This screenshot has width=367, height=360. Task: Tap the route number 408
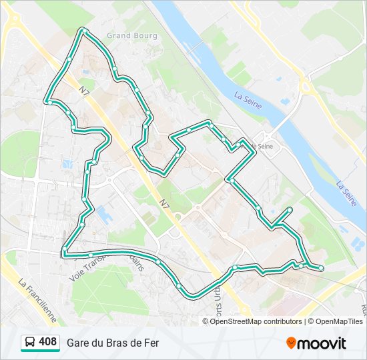coord(47,342)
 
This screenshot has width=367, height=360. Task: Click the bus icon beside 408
coord(30,343)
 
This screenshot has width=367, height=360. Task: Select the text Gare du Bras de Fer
coord(112,343)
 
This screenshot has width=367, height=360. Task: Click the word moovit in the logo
coord(322,343)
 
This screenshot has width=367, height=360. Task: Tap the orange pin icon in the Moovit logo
coord(291,343)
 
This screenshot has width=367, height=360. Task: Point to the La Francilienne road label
coord(37,296)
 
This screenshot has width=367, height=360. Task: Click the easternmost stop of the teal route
coord(321,268)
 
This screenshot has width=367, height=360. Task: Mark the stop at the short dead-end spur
coord(290,210)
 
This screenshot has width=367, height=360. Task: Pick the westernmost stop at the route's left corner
coord(49,102)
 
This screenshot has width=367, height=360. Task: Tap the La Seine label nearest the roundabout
coord(248,101)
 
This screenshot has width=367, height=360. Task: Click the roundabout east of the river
coord(306,85)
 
